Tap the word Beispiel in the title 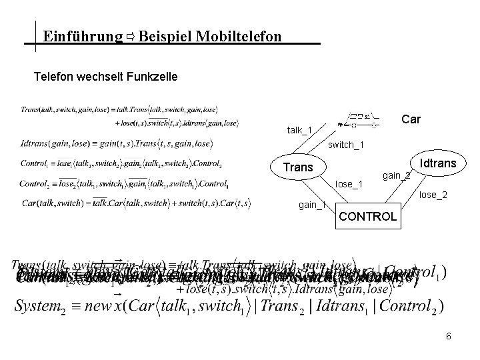click(x=166, y=35)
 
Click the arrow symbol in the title click(x=131, y=35)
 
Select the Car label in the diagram click(x=411, y=119)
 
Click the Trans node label click(x=298, y=167)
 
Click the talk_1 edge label click(x=299, y=129)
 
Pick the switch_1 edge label click(x=348, y=144)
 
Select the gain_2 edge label click(x=396, y=175)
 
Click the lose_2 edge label click(x=432, y=195)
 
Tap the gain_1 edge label click(x=311, y=205)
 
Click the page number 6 click(x=449, y=336)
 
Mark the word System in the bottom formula click(x=39, y=307)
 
